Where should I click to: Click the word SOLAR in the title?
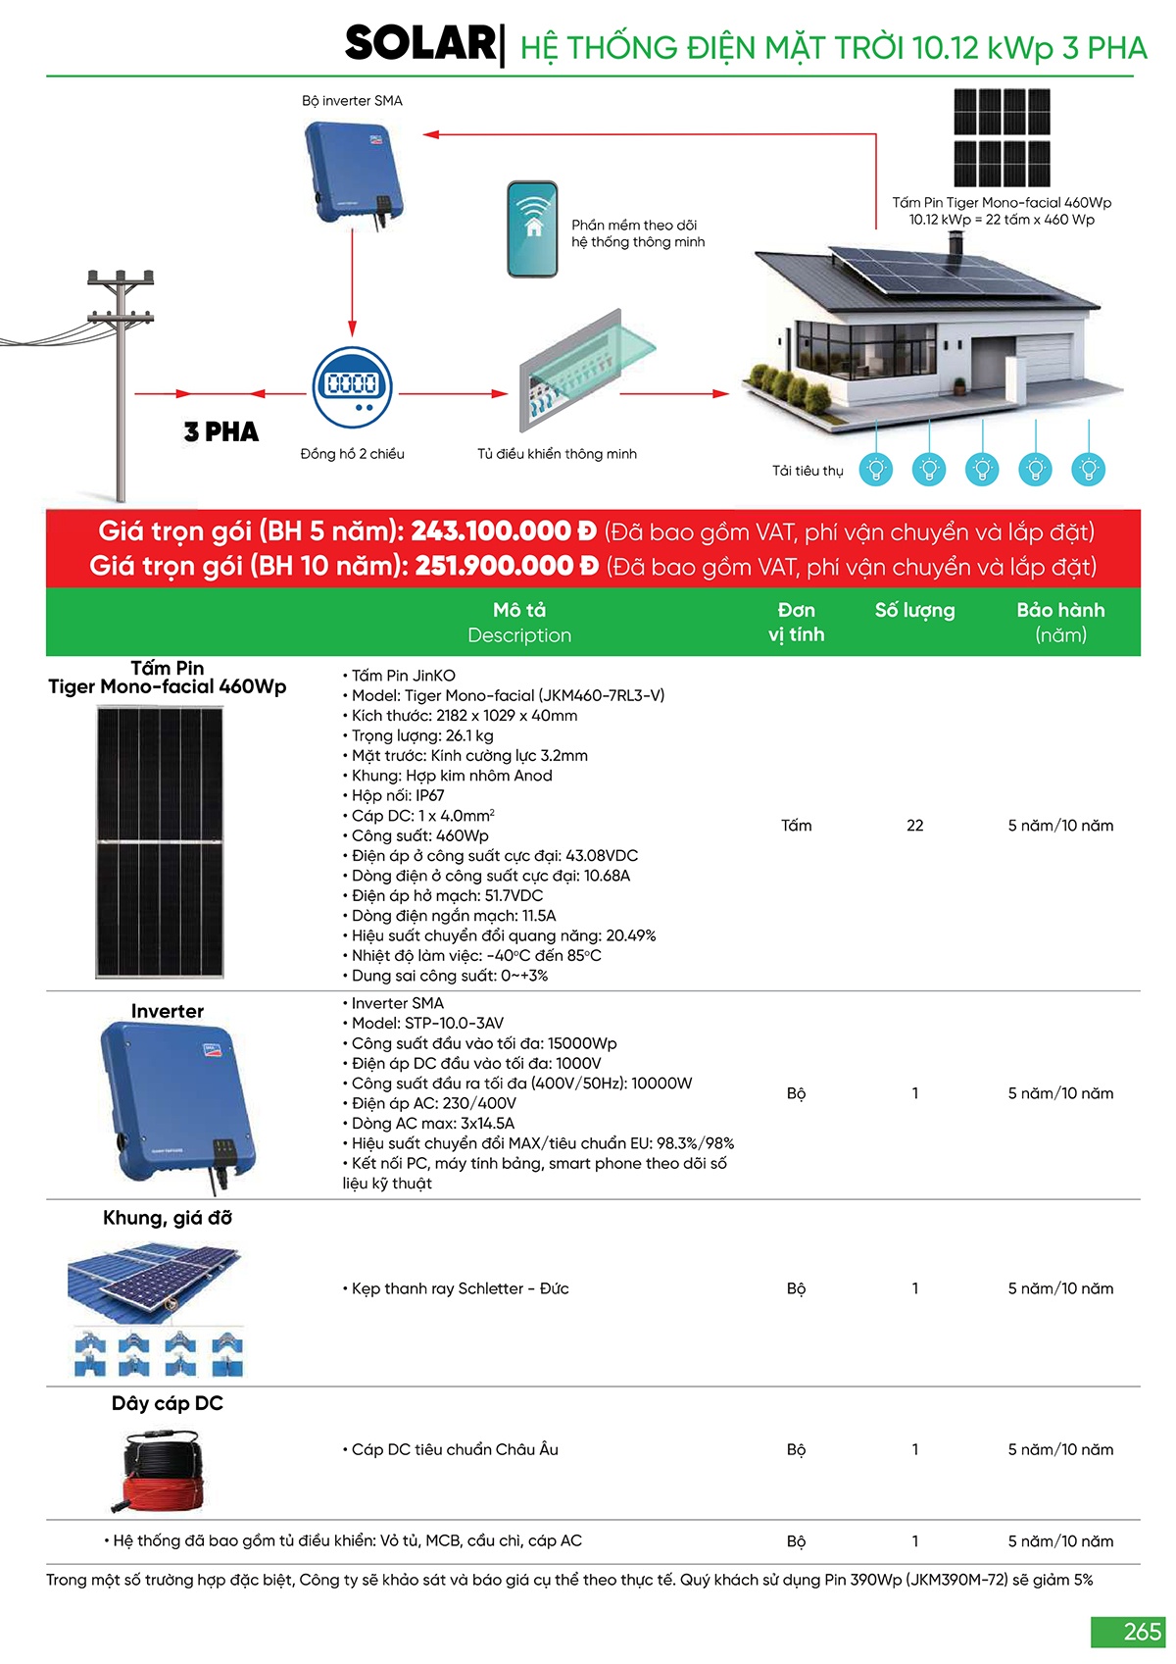[x=421, y=44]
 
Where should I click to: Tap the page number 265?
[x=1142, y=1632]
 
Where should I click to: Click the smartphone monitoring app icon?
[x=532, y=229]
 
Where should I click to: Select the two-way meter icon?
[x=352, y=386]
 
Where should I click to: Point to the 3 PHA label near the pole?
[x=221, y=432]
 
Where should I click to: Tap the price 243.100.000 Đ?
[x=504, y=531]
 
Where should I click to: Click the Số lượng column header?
[x=914, y=610]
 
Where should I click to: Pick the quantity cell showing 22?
[x=914, y=826]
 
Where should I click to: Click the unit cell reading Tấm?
[x=796, y=826]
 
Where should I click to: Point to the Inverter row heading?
[x=168, y=1011]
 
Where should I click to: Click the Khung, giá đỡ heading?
[x=168, y=1218]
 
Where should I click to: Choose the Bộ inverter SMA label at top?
[x=352, y=101]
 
